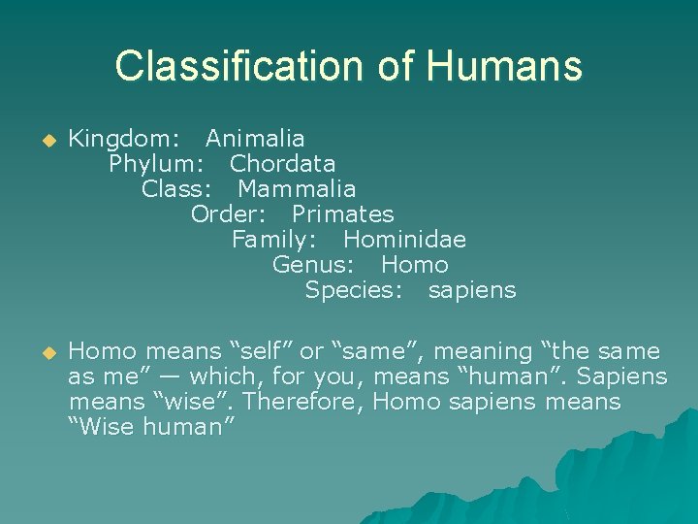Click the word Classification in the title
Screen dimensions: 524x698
click(x=232, y=66)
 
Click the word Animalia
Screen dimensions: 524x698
click(x=255, y=139)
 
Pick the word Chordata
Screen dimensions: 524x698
click(x=282, y=164)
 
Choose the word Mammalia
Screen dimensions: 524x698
click(x=297, y=189)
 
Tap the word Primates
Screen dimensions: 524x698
click(x=343, y=214)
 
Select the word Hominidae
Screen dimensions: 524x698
click(x=404, y=240)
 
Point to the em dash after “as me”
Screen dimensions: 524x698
click(x=165, y=377)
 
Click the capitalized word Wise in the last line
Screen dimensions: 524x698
click(x=103, y=427)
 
